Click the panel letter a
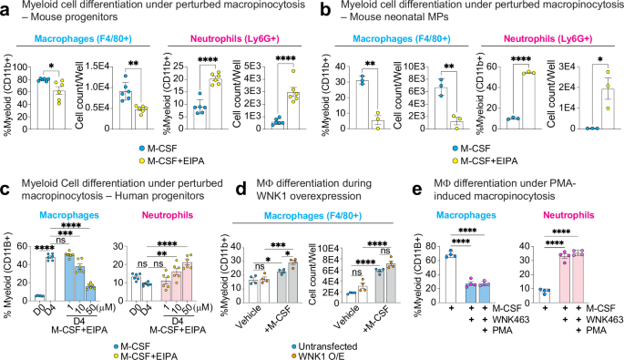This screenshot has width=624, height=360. pos(5,8)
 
